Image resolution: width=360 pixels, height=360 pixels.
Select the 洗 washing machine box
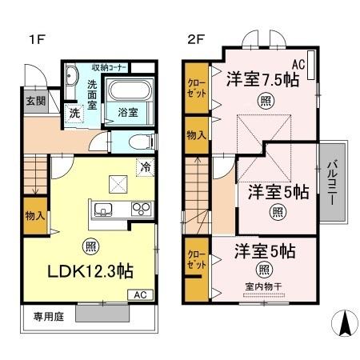coord(74,114)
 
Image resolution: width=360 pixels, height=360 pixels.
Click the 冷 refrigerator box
coord(146,167)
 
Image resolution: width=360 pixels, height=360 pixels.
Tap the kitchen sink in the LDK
coord(103,211)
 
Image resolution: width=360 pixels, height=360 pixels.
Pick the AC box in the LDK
coord(140,294)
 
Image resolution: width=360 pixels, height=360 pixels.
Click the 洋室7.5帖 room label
coord(262,78)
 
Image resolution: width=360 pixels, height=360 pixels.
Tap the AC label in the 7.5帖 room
coord(299,63)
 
